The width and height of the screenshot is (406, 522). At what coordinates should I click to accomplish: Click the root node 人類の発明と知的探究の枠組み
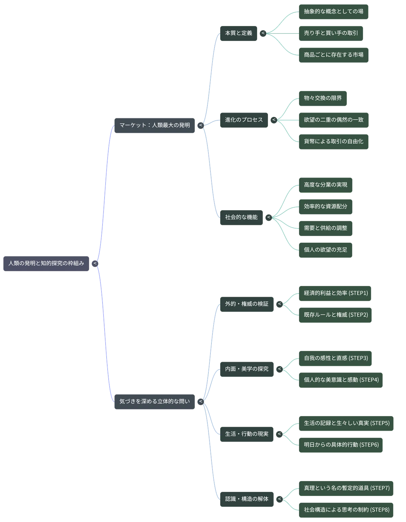[x=46, y=263]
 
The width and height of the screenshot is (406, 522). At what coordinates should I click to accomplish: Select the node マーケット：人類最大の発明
[x=155, y=125]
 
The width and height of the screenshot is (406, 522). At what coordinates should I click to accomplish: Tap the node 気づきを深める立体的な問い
[x=155, y=402]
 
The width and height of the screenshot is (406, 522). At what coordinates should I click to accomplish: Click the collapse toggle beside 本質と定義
[x=263, y=33]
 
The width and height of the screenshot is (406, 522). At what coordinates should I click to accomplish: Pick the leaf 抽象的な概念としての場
[x=334, y=12]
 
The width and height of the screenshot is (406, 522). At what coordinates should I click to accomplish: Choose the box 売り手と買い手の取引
[x=331, y=33]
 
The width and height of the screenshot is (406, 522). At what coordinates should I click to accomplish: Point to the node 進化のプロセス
[x=244, y=120]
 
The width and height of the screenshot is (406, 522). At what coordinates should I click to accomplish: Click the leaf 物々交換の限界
[x=323, y=98]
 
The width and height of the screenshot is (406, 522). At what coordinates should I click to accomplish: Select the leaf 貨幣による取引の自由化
[x=334, y=142]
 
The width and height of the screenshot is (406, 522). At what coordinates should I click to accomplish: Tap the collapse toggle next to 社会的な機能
[x=269, y=218]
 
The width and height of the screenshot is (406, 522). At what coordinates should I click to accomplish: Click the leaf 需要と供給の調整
[x=325, y=229]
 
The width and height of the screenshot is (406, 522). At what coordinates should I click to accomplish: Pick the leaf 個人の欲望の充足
[x=325, y=250]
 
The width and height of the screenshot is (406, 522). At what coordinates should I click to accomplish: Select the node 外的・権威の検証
[x=247, y=304]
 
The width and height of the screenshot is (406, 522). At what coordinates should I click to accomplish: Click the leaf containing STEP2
[x=335, y=315]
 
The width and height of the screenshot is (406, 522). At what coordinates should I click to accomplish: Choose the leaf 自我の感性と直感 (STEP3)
[x=335, y=358]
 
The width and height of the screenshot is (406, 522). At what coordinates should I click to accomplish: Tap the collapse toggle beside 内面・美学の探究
[x=279, y=369]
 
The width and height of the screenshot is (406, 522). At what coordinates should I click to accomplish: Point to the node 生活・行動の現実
[x=247, y=434]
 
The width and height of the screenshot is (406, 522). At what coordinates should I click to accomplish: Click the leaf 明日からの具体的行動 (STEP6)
[x=341, y=445]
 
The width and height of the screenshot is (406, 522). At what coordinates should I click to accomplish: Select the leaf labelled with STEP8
[x=346, y=510]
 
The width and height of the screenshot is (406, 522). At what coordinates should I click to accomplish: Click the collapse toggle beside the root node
[x=95, y=263]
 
